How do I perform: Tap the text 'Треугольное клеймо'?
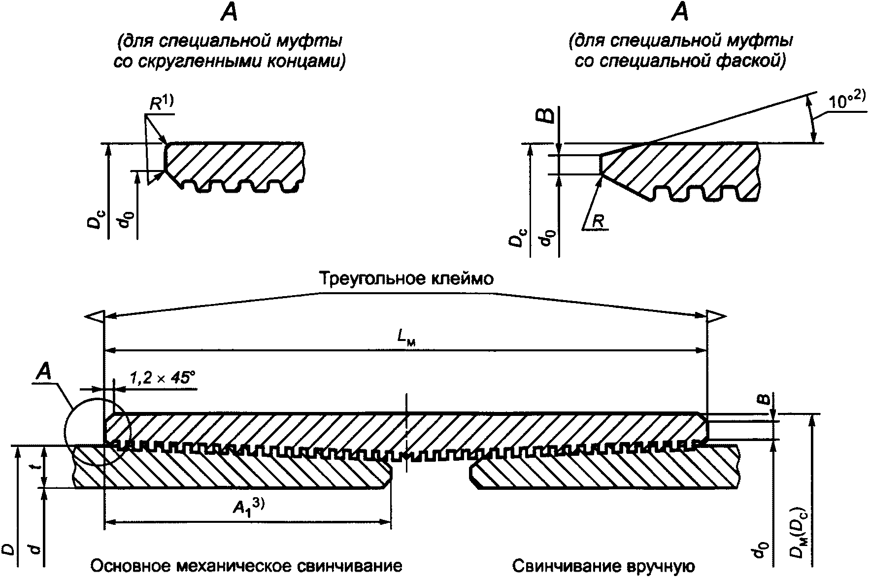click(406, 279)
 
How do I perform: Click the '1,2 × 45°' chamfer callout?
click(163, 378)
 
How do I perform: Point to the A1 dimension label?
click(248, 508)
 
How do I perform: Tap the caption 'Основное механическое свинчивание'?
click(246, 566)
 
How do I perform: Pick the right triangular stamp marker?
click(717, 316)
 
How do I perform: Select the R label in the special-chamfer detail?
click(598, 222)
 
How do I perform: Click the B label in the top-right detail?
click(548, 116)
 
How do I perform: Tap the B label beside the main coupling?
click(764, 400)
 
